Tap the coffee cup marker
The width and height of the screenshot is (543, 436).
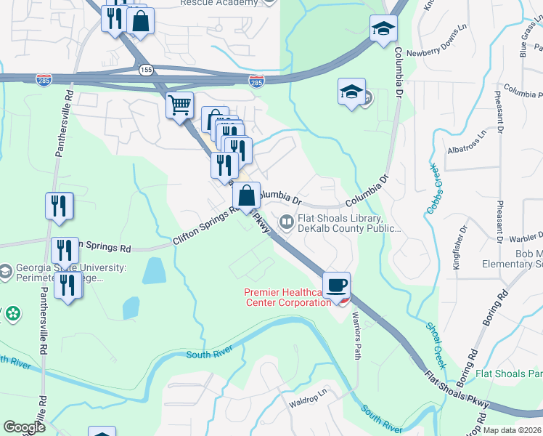click(335, 285)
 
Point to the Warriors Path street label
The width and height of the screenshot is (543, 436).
click(356, 335)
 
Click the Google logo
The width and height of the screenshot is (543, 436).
click(24, 427)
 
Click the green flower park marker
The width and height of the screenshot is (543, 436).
click(12, 314)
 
